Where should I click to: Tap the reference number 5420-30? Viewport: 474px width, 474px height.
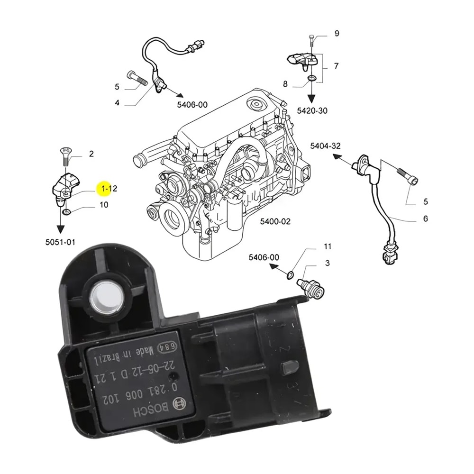312,110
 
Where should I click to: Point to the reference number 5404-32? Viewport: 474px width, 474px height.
325,146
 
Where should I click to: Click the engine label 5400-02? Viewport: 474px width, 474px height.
275,221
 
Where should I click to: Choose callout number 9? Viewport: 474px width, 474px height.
337,33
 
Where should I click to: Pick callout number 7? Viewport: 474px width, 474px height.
336,66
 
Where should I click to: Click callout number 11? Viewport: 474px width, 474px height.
328,246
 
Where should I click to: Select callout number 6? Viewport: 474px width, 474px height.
425,219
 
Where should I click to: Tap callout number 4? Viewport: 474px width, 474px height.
116,102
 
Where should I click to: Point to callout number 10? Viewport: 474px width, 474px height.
103,205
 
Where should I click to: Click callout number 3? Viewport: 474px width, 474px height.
328,263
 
